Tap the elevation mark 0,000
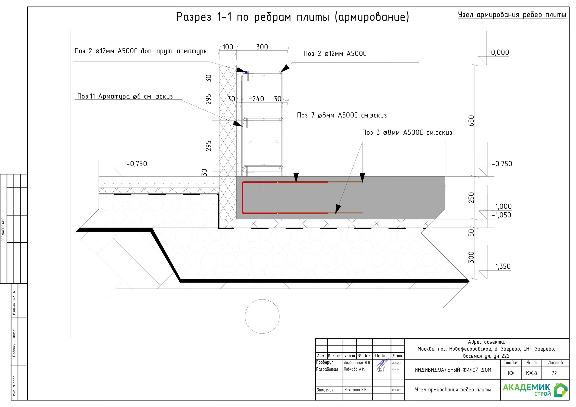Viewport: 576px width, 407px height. [x=500, y=52]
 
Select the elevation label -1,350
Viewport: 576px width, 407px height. [x=501, y=266]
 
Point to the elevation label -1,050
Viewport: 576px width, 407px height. [x=501, y=215]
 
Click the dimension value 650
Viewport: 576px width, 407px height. [x=471, y=121]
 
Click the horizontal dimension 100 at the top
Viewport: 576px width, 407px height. [x=228, y=47]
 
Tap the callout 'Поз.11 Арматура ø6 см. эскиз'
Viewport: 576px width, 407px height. [x=125, y=96]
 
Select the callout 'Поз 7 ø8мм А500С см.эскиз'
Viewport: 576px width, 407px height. [x=342, y=115]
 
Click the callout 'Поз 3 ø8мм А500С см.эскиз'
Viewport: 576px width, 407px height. [x=407, y=132]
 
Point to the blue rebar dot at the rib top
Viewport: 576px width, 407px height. [x=246, y=72]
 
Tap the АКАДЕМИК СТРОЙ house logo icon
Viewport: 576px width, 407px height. [x=561, y=390]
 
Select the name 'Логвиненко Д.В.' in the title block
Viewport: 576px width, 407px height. [x=357, y=363]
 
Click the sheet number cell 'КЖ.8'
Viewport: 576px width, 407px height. [x=531, y=373]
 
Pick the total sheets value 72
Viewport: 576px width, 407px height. [x=554, y=373]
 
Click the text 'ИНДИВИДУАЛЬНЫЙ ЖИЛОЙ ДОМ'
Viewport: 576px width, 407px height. [x=453, y=370]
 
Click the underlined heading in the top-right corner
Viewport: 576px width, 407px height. [x=512, y=15]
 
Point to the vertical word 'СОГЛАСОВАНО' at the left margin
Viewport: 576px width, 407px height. [x=3, y=229]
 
